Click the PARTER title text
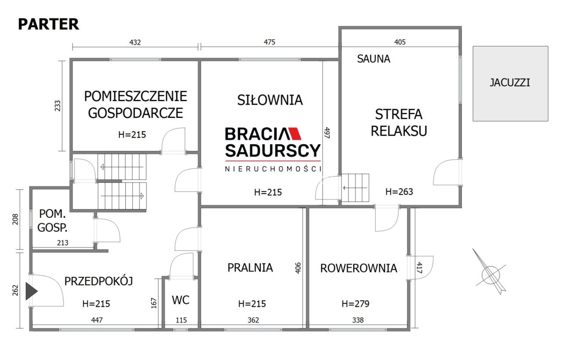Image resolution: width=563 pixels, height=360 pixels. (48, 24)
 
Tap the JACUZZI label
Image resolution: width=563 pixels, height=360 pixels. (510, 82)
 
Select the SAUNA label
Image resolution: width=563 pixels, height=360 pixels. (373, 59)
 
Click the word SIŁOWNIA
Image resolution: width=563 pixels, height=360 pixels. (270, 100)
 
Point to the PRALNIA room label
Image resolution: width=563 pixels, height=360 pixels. (250, 267)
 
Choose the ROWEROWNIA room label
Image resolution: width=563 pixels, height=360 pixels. (358, 268)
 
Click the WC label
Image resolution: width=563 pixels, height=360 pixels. (180, 300)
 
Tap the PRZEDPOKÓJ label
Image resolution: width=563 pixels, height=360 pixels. (99, 281)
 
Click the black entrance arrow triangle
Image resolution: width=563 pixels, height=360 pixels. (31, 291)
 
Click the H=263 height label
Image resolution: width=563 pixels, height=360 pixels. (399, 191)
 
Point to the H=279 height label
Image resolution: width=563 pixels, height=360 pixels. (355, 304)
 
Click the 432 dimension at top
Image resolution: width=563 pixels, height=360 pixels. (135, 43)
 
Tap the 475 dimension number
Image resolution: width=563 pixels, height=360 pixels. (269, 43)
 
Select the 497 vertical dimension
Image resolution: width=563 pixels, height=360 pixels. (327, 133)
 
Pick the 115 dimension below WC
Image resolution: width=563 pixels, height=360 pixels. (181, 320)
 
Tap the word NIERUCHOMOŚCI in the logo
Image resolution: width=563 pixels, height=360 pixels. (273, 169)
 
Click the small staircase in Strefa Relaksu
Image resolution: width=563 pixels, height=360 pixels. (356, 187)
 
